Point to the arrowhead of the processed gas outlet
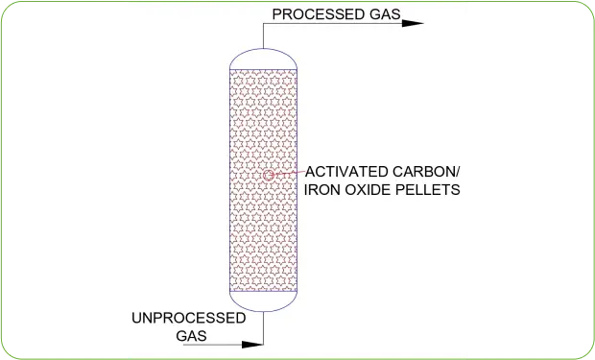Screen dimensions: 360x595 coord(414,23)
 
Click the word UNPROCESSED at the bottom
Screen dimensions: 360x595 coord(187,317)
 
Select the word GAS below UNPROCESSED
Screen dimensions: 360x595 coord(192,335)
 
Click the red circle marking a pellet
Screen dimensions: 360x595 coord(269,175)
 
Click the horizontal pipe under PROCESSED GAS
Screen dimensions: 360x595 coord(336,23)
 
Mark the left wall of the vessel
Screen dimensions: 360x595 coord(230,182)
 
